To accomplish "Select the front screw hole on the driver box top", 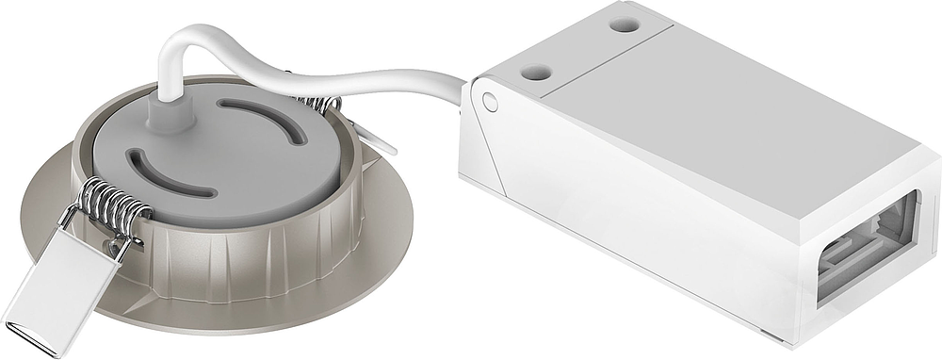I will pos(536,71).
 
